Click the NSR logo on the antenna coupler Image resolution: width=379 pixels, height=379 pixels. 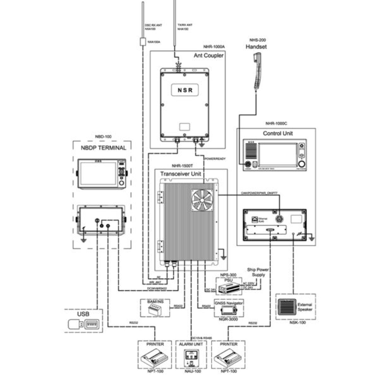[184, 90]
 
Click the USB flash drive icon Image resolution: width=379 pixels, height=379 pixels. [76, 324]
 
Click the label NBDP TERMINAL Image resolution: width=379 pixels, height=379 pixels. [103, 148]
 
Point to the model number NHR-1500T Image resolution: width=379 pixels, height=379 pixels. [182, 165]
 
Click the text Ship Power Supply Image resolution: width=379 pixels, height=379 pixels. [258, 272]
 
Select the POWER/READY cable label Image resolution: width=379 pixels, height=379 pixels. [215, 159]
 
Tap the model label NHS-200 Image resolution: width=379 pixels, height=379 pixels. [257, 40]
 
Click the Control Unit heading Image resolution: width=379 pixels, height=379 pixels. [278, 133]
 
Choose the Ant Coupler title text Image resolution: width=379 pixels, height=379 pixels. [208, 56]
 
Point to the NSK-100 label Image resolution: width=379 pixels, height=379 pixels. [298, 322]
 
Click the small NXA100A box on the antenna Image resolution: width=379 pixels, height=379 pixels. [143, 42]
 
